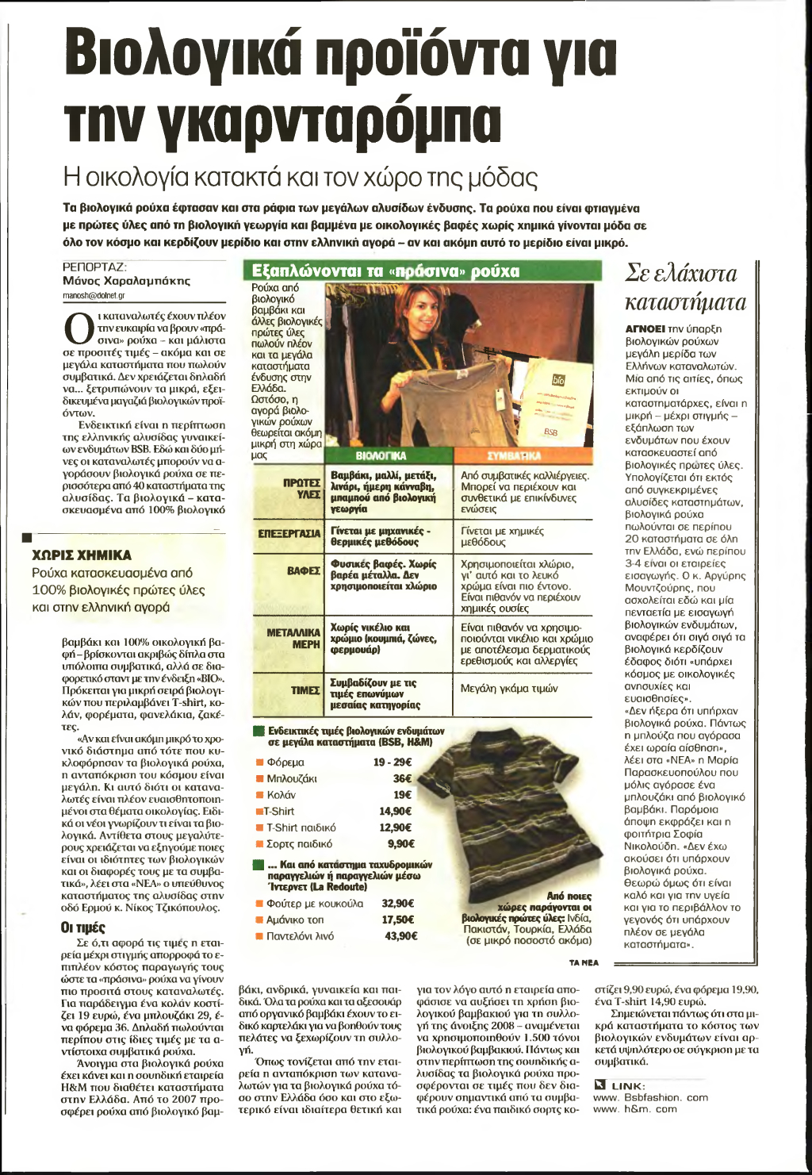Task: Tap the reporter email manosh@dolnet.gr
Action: [93, 295]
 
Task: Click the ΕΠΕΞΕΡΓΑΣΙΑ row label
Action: [289, 532]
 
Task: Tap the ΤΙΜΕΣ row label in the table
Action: [305, 690]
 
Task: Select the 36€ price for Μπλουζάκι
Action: [402, 778]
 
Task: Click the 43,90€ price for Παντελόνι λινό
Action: [398, 936]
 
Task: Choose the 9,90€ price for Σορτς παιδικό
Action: [400, 844]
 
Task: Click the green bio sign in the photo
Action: [557, 380]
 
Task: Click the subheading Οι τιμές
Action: [82, 927]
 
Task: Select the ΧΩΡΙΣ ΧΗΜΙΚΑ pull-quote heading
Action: [82, 555]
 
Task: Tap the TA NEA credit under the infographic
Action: [584, 962]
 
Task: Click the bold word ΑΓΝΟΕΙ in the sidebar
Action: [644, 328]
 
